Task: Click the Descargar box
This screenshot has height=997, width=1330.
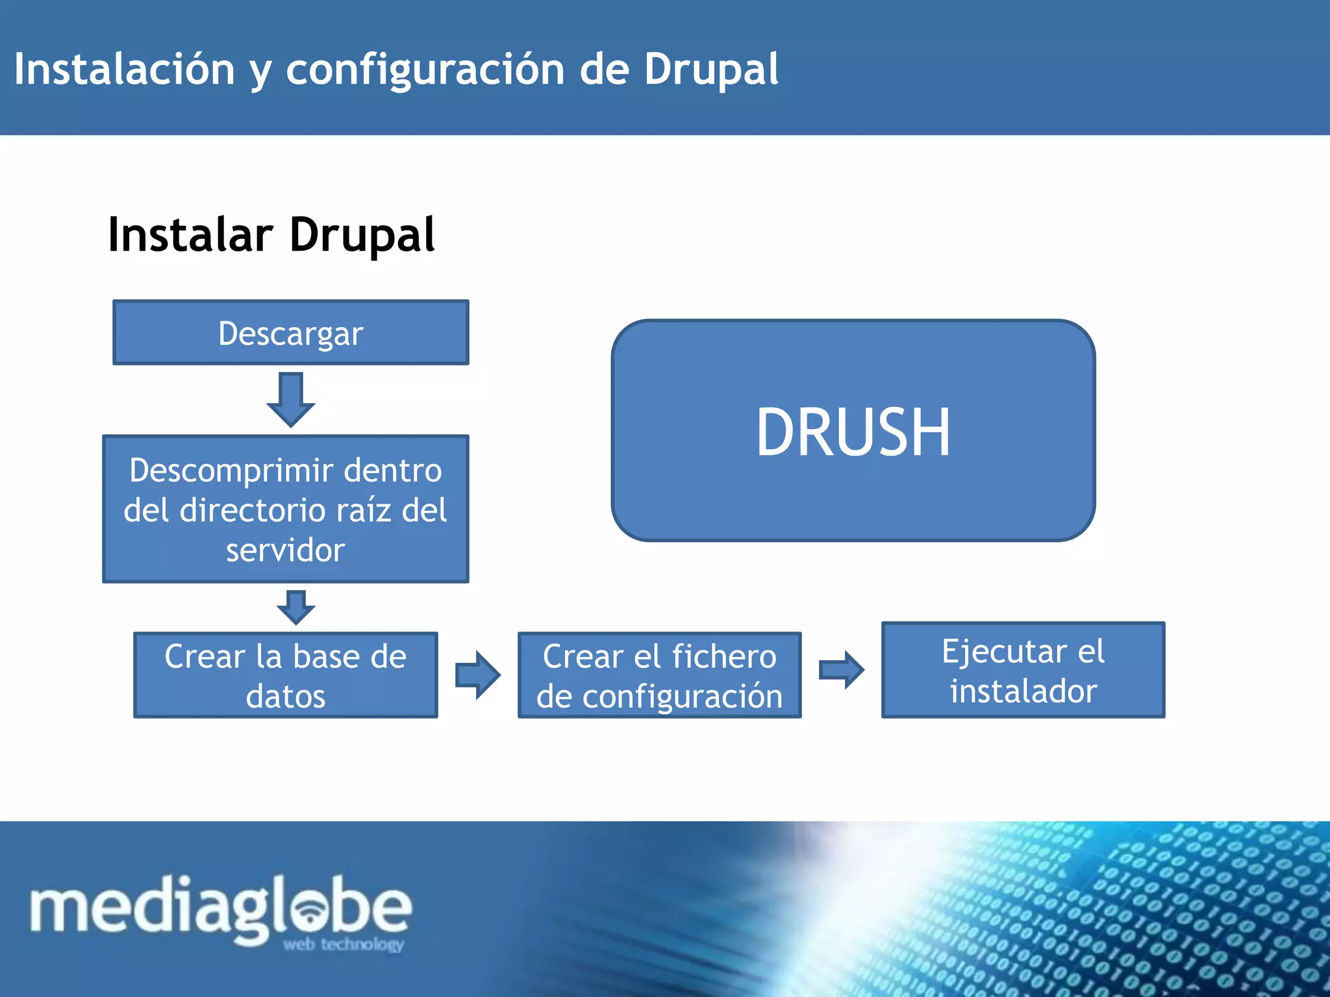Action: tap(290, 332)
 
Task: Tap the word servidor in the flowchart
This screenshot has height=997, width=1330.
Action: tap(285, 550)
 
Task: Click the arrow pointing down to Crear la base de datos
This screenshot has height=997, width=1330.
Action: tap(296, 607)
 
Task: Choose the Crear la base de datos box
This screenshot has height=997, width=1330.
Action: tap(285, 675)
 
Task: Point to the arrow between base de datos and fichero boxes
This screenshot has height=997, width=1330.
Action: tap(478, 675)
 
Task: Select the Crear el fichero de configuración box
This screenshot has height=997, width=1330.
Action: tap(659, 675)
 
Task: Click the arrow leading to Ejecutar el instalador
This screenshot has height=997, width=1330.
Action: tap(842, 669)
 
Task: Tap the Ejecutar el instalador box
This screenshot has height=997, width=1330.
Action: tap(1023, 670)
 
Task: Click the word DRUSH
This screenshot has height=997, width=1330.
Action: tap(853, 432)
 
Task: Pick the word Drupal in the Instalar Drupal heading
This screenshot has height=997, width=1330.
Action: tap(362, 235)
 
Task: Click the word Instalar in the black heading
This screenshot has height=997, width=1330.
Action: tap(190, 235)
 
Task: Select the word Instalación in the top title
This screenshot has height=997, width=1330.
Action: tap(124, 69)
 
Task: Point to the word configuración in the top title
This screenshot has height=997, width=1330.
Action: tap(425, 70)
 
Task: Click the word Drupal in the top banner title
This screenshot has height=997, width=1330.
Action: tap(711, 69)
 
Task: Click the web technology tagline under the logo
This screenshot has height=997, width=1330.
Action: tap(344, 944)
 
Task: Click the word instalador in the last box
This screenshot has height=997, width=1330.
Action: tap(1023, 691)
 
